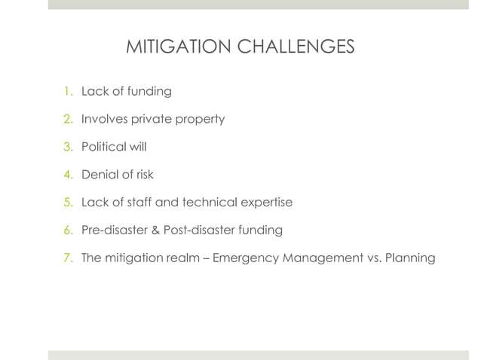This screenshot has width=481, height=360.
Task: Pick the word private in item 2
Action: (x=152, y=120)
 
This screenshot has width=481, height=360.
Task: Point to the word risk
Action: (x=144, y=175)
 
